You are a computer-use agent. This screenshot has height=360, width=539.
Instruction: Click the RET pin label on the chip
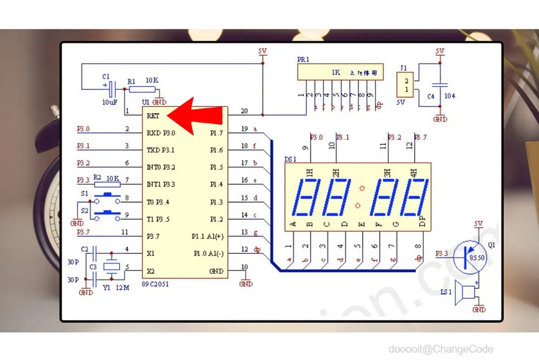pyautogui.click(x=154, y=116)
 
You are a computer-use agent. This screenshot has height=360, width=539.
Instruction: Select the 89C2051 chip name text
pyautogui.click(x=155, y=284)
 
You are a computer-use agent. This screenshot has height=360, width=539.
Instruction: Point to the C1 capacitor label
pyautogui.click(x=106, y=76)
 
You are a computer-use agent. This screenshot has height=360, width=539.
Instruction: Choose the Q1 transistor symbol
pyautogui.click(x=467, y=257)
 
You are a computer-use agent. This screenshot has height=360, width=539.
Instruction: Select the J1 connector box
pyautogui.click(x=404, y=84)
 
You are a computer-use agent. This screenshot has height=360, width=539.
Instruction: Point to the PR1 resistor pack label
pyautogui.click(x=303, y=60)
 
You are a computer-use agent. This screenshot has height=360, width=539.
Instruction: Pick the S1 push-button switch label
pyautogui.click(x=85, y=194)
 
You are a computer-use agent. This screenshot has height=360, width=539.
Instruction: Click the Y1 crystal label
pyautogui.click(x=107, y=288)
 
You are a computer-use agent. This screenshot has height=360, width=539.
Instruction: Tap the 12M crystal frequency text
pyautogui.click(x=123, y=288)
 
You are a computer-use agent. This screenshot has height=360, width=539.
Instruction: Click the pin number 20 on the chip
pyautogui.click(x=244, y=111)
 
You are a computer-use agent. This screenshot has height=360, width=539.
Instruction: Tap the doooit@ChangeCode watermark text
pyautogui.click(x=441, y=349)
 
